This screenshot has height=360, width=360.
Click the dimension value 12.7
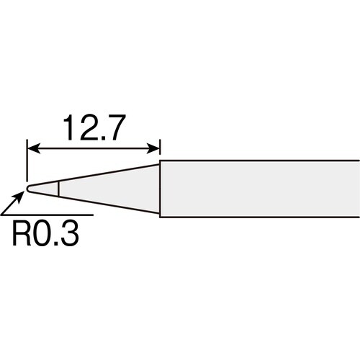pos(94,129)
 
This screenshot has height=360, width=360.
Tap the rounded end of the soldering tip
pos(28,189)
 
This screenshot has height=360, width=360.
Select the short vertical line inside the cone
pos(58,189)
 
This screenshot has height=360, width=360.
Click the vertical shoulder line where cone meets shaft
pos(159,189)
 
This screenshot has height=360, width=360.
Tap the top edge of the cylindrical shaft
pos(259,161)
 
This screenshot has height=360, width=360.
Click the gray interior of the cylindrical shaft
pos(259,189)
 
